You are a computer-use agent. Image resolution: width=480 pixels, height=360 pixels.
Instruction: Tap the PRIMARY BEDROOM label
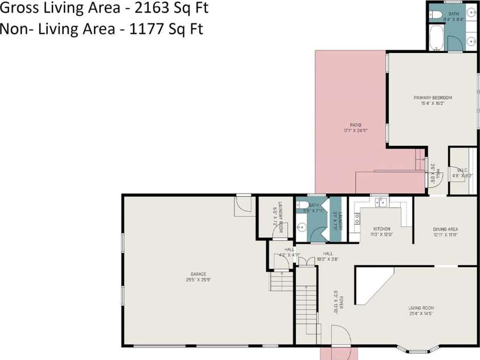(432, 98)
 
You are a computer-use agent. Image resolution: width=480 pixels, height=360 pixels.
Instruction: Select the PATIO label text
(355, 125)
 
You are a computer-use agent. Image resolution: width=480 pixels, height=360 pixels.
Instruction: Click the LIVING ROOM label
(421, 308)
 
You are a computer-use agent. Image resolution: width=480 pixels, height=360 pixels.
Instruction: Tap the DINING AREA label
(445, 229)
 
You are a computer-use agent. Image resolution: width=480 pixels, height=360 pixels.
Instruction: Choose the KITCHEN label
(381, 229)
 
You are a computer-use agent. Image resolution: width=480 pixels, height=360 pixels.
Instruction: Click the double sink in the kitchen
(380, 202)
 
